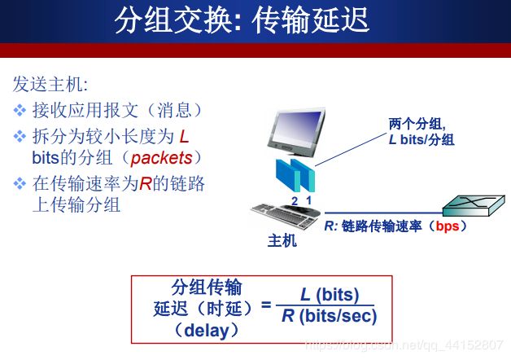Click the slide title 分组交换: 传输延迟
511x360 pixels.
tap(242, 20)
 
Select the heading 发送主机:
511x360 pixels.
tap(50, 84)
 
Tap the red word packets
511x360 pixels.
tap(161, 159)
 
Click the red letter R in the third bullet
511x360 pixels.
tap(146, 183)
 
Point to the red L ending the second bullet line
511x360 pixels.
tap(184, 137)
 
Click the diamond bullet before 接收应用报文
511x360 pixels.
tap(20, 110)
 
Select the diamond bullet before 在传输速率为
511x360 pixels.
tap(20, 183)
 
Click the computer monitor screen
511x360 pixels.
tap(297, 128)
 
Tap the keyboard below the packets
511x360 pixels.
tap(286, 215)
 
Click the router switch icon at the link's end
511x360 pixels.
tap(474, 206)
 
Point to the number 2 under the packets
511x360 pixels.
tap(295, 201)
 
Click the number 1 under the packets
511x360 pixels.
tap(308, 200)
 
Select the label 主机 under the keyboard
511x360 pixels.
tap(282, 240)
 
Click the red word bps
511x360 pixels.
tap(448, 226)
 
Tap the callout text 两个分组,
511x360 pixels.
tap(417, 124)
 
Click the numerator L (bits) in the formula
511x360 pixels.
tap(330, 295)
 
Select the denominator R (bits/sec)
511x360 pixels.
tap(330, 316)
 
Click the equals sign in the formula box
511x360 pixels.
tap(266, 305)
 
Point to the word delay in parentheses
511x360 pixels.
tap(207, 331)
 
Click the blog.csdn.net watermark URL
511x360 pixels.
tap(404, 345)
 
